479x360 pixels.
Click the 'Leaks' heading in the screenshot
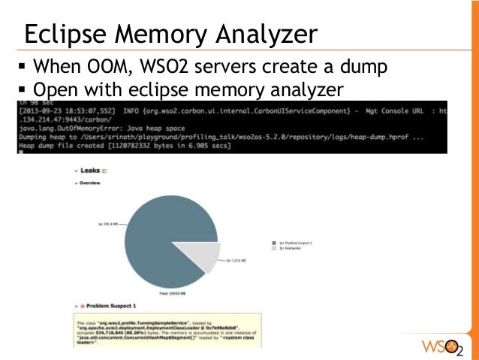pyautogui.click(x=89, y=171)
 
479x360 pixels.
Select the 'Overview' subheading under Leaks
pyautogui.click(x=91, y=183)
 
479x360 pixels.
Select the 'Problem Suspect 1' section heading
pyautogui.click(x=113, y=307)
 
